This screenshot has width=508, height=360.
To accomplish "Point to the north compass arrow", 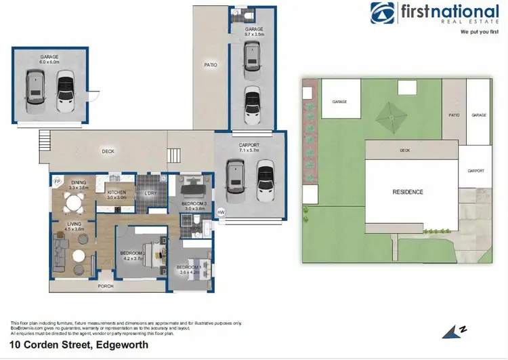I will click(x=452, y=331).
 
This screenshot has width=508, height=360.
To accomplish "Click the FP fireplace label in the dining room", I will click(x=58, y=182).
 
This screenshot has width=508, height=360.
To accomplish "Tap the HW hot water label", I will click(x=220, y=213).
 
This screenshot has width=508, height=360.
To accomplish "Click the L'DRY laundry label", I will click(x=150, y=194).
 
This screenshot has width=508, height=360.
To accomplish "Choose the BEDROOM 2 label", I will click(x=133, y=255).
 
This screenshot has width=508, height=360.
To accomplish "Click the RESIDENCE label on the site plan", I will click(x=408, y=192).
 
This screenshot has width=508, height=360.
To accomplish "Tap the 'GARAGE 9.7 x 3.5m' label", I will click(x=254, y=31).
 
